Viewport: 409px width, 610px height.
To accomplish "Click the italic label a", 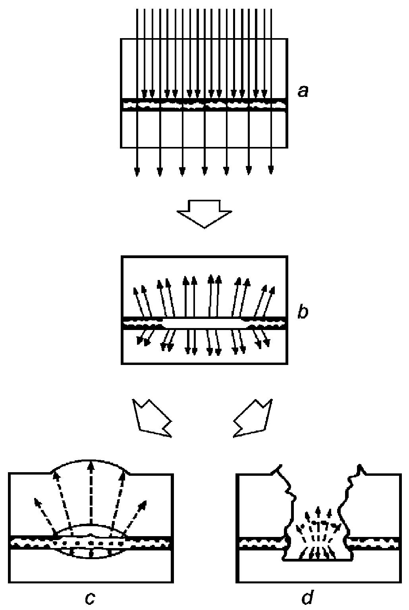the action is (x=303, y=92).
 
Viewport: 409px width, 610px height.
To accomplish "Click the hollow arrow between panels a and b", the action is (x=204, y=214).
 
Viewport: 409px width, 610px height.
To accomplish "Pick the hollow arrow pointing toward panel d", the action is (x=253, y=419).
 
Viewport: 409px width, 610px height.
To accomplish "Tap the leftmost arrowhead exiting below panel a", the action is (x=137, y=171).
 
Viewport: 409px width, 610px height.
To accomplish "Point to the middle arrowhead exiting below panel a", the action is (x=204, y=171).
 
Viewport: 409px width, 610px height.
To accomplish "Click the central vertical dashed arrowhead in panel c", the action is (x=91, y=468).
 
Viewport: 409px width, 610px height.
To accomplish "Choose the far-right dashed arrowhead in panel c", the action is (x=143, y=505).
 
